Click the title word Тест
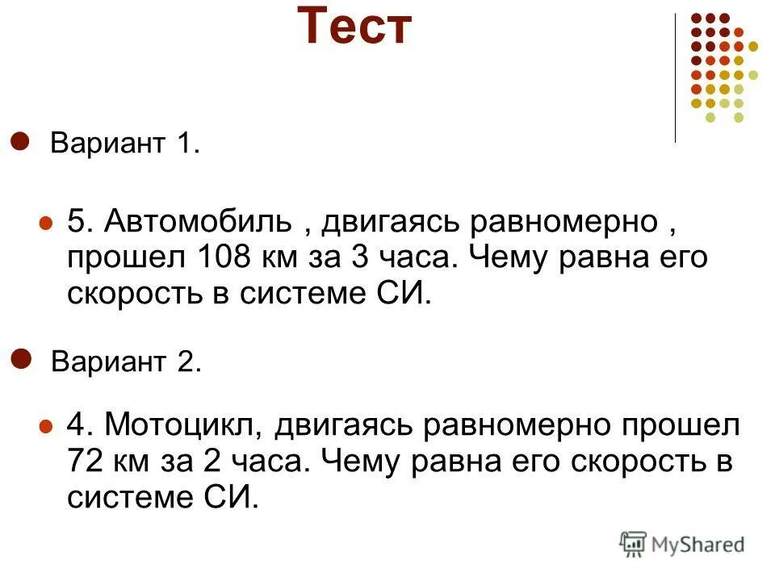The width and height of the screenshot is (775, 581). (x=354, y=27)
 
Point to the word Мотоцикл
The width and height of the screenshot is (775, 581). (x=182, y=425)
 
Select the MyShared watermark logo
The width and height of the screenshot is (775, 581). (x=682, y=543)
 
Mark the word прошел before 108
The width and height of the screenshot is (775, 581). (x=124, y=258)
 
